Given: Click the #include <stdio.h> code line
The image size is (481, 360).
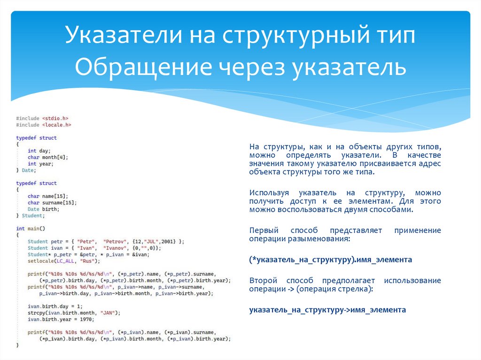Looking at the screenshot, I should (x=42, y=118).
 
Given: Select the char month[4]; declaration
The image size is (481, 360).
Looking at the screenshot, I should (x=47, y=157).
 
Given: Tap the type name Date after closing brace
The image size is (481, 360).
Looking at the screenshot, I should (x=28, y=170).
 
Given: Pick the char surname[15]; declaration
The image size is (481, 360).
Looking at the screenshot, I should (x=52, y=202).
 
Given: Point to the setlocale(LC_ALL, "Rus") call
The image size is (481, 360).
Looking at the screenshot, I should (x=63, y=260).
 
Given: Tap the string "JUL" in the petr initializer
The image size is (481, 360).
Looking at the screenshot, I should (x=152, y=241).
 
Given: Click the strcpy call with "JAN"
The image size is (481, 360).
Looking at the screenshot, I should (x=74, y=313).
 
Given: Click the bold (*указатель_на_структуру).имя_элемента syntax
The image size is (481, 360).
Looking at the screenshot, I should (x=331, y=260).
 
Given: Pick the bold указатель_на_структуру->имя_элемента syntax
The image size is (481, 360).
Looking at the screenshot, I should (x=327, y=310).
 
